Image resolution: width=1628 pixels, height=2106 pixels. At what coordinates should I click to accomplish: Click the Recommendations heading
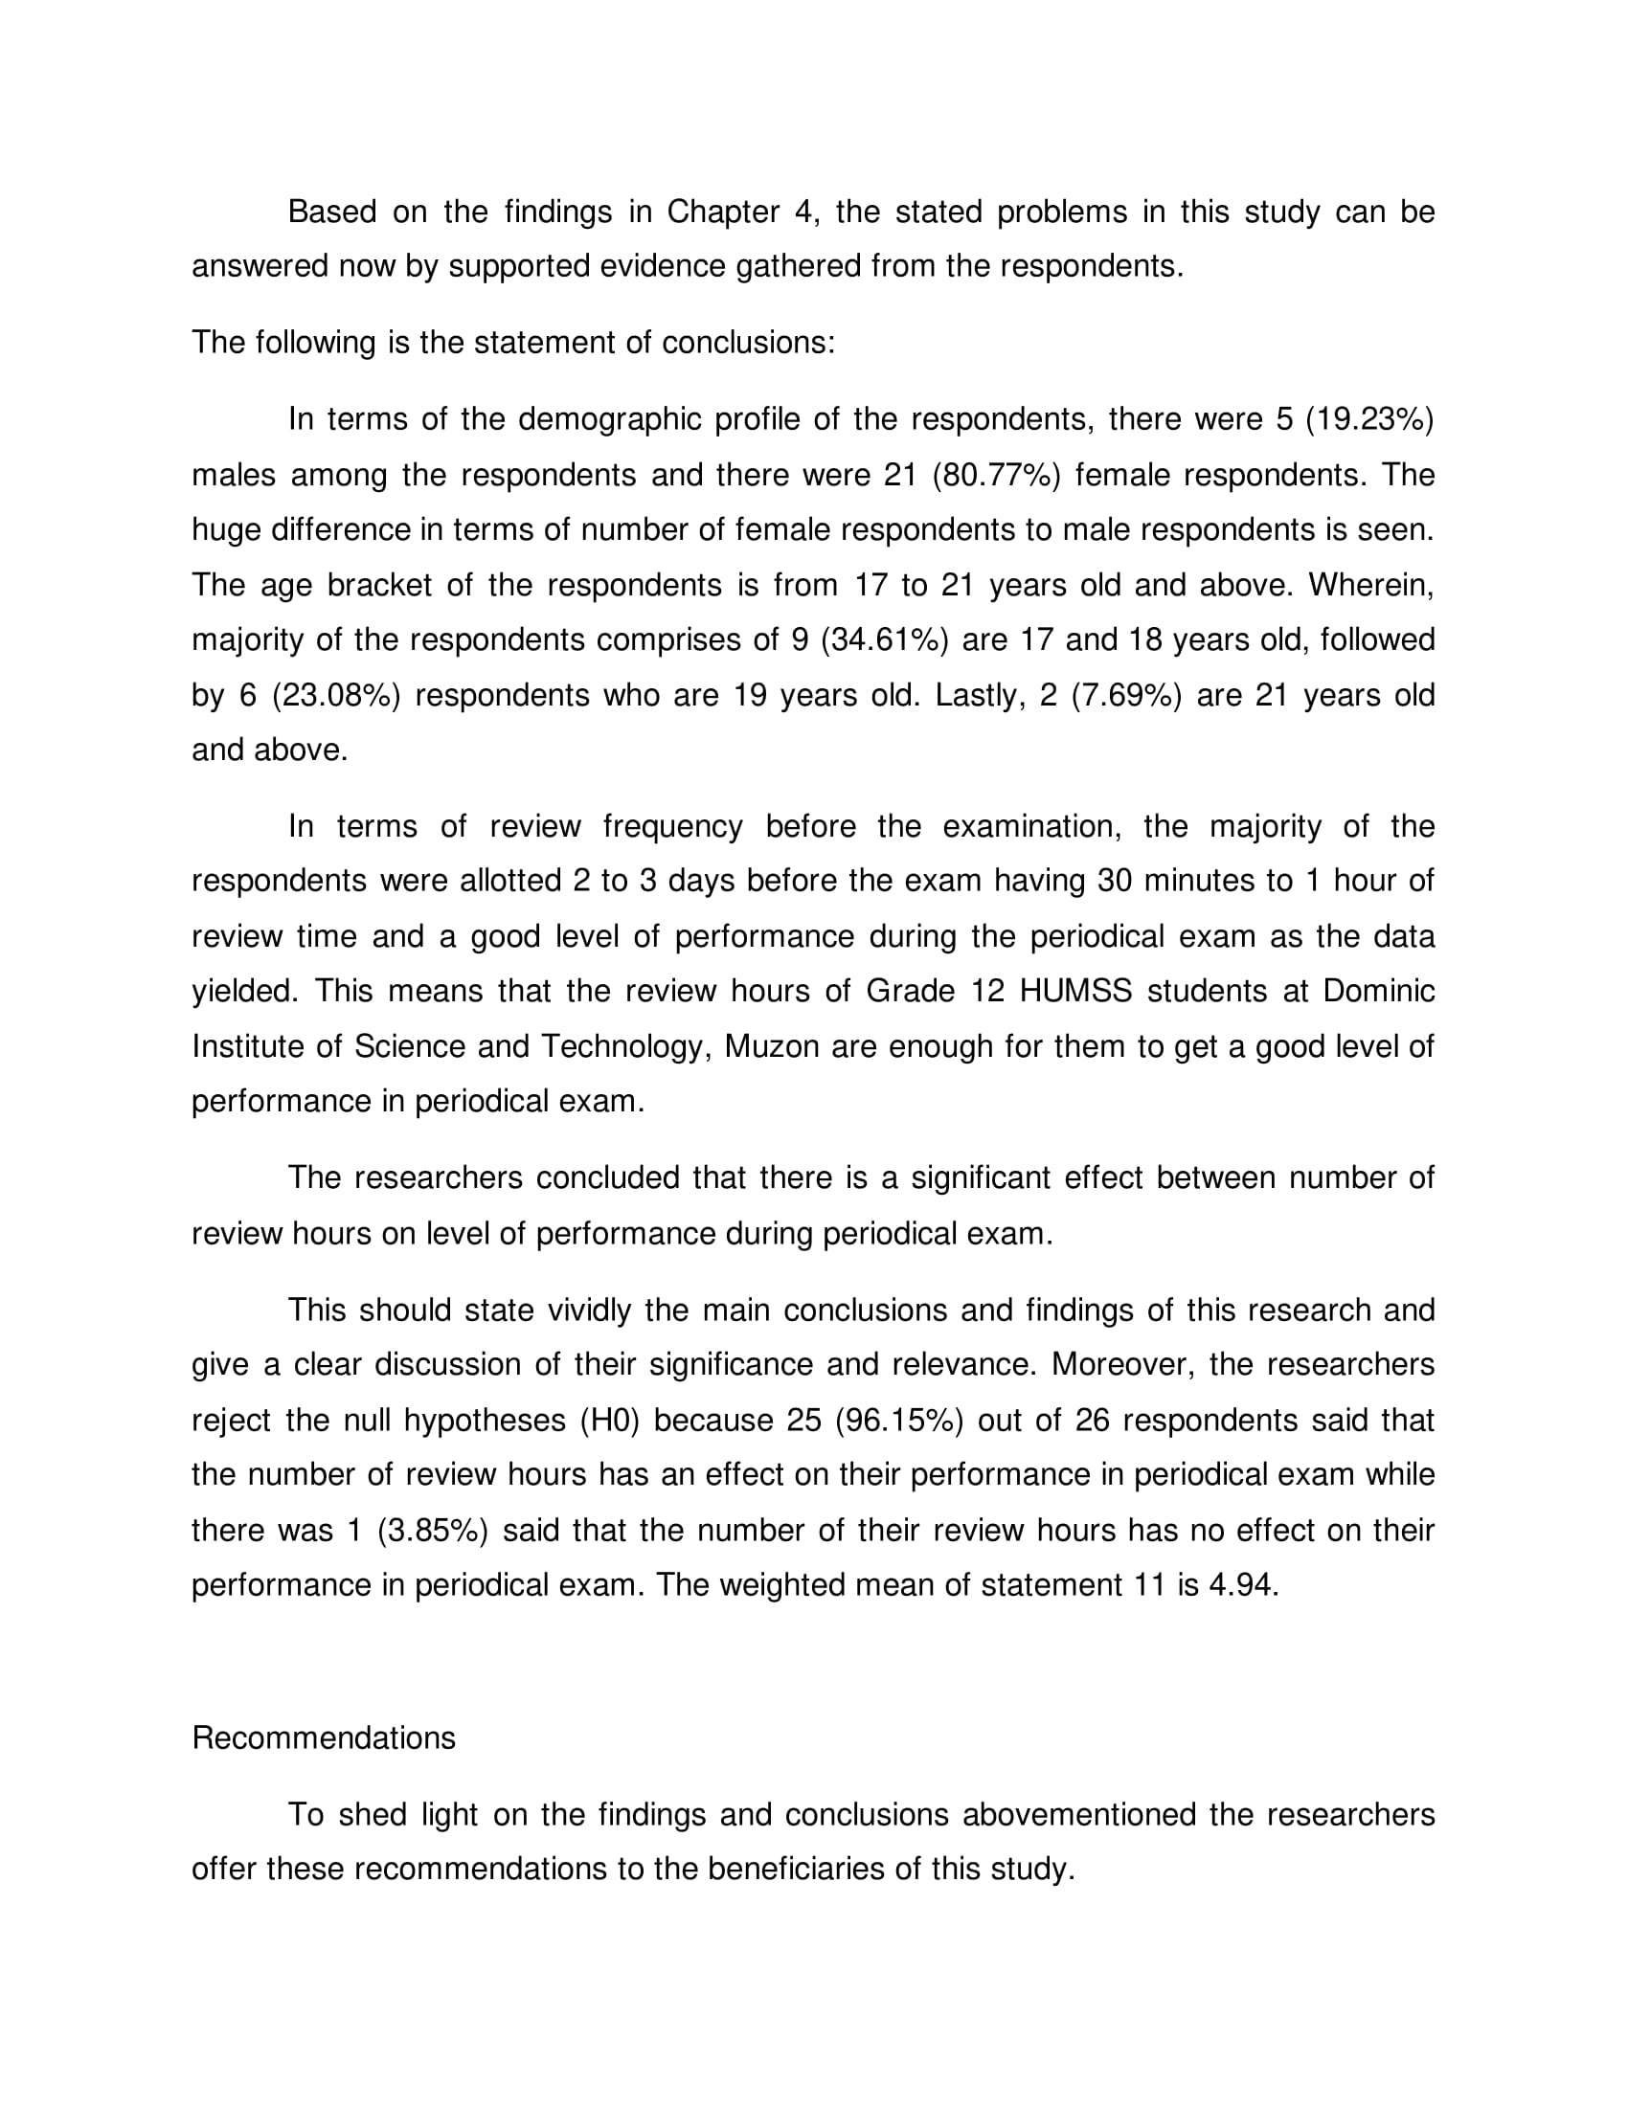tap(323, 1737)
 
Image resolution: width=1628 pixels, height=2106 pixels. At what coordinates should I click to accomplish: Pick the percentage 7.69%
tap(1125, 695)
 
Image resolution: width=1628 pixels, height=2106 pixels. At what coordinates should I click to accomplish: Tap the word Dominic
tap(1378, 992)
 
